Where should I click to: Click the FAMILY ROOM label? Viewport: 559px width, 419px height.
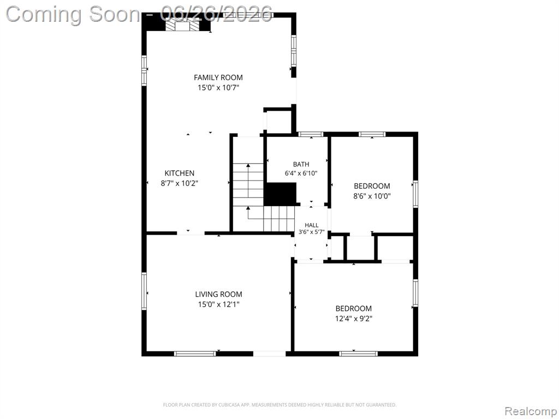tap(218, 77)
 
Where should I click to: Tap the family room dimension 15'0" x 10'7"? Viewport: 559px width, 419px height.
tap(218, 88)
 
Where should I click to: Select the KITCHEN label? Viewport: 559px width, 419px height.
tap(179, 173)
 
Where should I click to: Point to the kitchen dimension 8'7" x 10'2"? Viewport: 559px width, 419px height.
tap(179, 183)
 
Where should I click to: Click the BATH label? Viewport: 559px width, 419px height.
tap(301, 164)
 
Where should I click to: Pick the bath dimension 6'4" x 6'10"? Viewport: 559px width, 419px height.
tap(301, 173)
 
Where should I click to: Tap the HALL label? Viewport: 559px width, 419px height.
tap(312, 225)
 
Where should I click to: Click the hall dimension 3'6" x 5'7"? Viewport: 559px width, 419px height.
tap(312, 232)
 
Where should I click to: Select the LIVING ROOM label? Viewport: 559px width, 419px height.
tap(218, 294)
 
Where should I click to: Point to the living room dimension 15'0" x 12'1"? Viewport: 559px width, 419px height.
tap(218, 304)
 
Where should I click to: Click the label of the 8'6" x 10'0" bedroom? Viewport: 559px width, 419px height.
tap(372, 186)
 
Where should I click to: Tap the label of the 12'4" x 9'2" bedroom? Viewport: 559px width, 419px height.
tap(354, 309)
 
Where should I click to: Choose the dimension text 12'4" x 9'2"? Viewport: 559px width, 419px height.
tap(354, 319)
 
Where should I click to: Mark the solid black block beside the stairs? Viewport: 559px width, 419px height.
tap(280, 194)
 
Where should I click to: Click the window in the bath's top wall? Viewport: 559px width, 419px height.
tap(311, 134)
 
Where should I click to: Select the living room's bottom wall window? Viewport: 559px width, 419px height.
tap(195, 354)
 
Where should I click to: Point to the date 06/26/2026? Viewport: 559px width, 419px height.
tap(217, 14)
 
